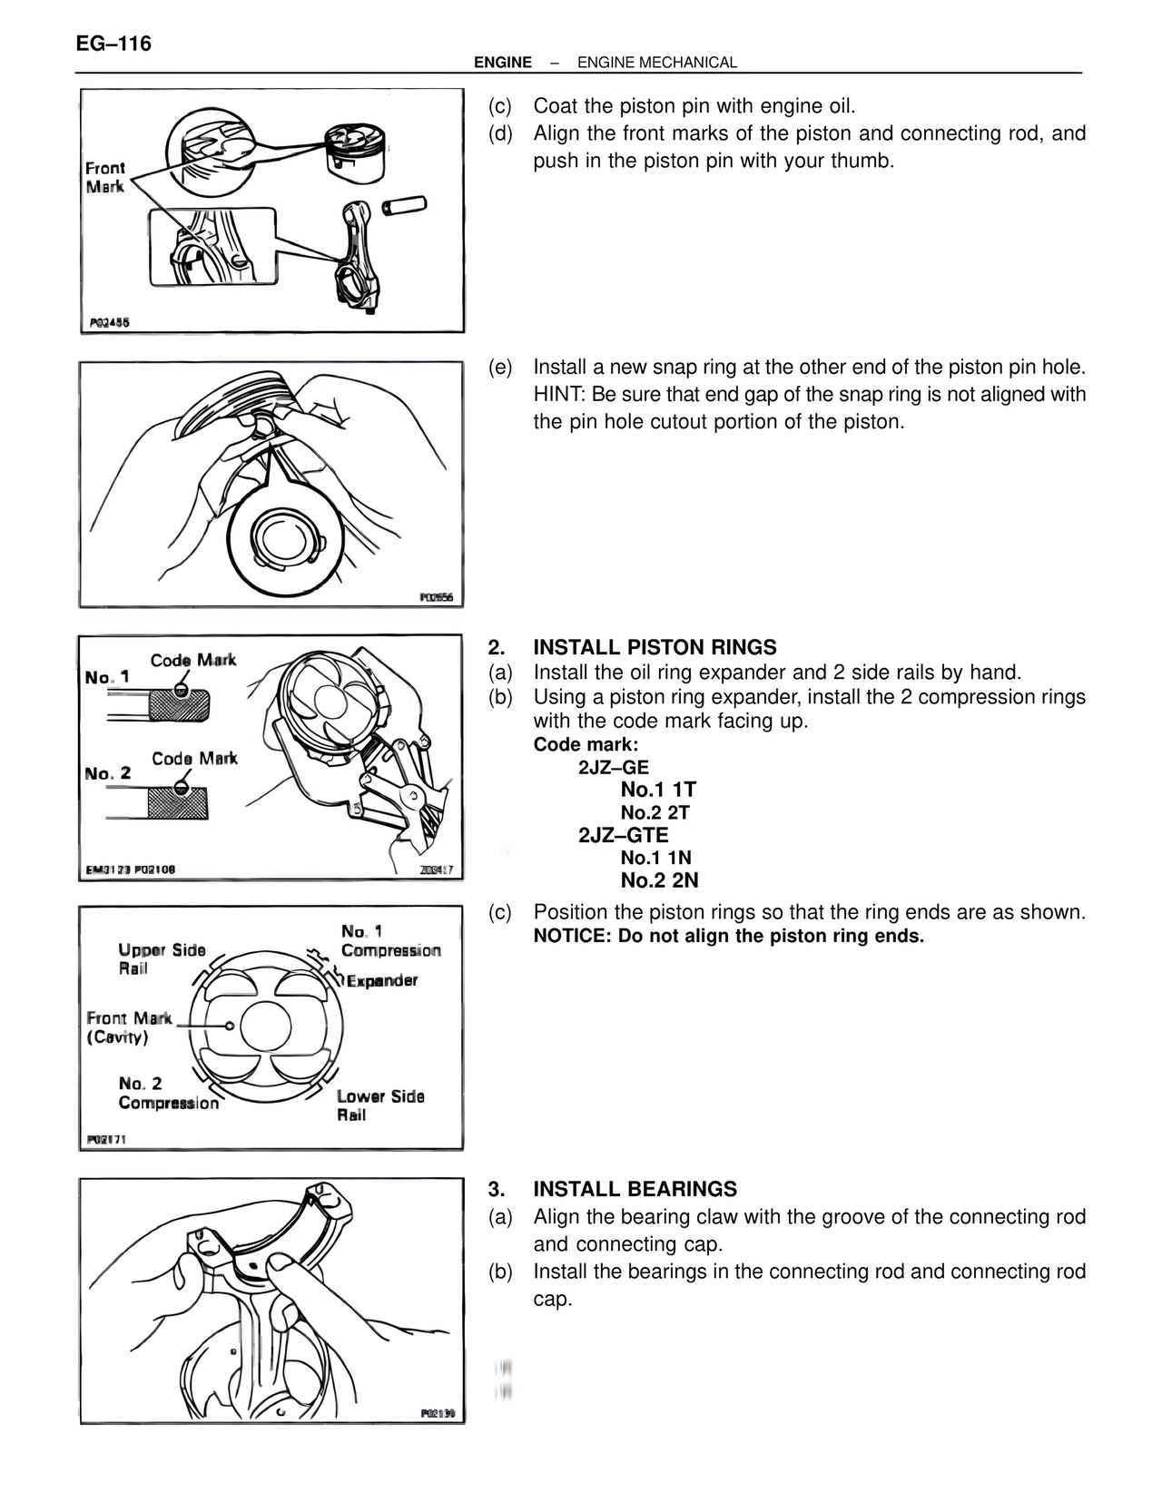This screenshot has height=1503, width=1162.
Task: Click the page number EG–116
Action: click(113, 44)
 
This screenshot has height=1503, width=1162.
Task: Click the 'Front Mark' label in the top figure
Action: click(105, 177)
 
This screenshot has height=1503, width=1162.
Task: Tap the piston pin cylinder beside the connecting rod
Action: click(406, 204)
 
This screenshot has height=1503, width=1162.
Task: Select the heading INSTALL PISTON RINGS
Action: click(654, 647)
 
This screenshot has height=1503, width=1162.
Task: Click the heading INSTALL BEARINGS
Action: click(635, 1189)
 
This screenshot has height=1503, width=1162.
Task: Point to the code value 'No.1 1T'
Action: click(658, 790)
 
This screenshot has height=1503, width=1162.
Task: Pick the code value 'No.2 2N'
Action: click(659, 879)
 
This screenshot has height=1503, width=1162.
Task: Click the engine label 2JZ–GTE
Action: click(623, 835)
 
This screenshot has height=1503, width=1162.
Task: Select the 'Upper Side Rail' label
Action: click(161, 959)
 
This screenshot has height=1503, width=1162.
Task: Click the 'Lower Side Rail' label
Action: click(380, 1105)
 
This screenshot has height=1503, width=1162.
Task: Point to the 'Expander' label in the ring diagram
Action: click(382, 981)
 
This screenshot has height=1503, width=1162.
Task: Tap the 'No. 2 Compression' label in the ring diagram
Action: click(168, 1094)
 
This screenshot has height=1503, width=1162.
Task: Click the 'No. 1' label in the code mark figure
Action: click(107, 677)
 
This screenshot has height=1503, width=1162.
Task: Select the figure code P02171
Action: click(106, 1140)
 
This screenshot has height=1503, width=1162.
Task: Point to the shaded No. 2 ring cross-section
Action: click(178, 802)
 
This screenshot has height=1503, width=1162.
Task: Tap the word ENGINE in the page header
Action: click(502, 63)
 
